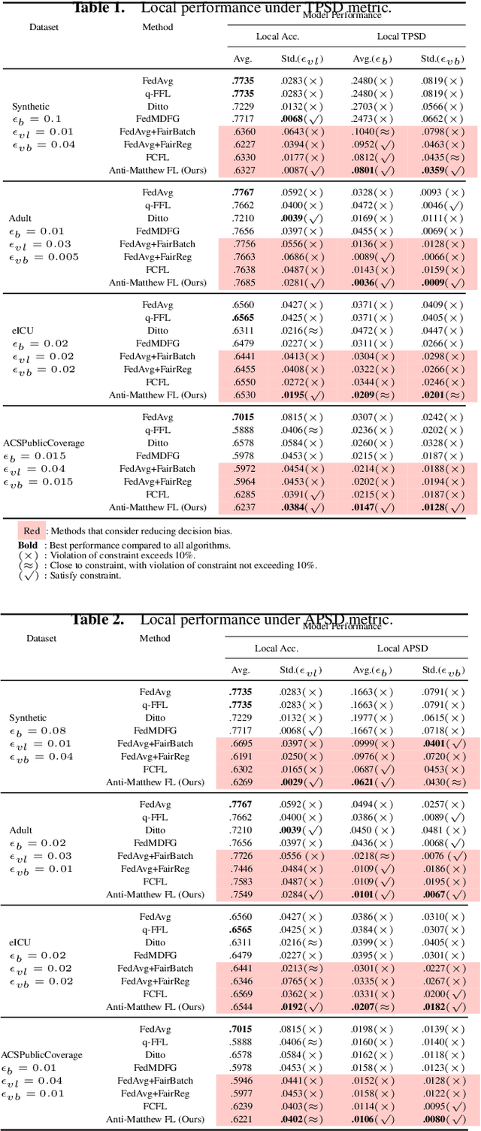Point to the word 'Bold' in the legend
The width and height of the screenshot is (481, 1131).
tap(28, 545)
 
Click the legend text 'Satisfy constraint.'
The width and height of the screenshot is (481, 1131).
tap(86, 576)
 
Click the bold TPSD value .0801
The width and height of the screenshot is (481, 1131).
tap(365, 171)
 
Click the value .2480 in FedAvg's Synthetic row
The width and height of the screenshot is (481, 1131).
tap(365, 80)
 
